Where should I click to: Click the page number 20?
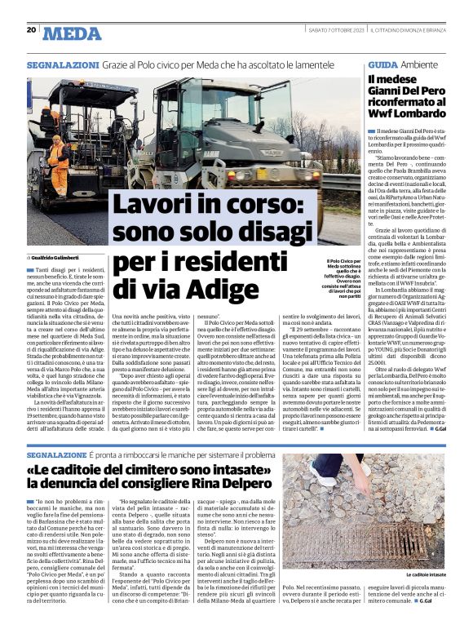click(32, 30)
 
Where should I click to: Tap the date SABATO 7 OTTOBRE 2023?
click(331, 30)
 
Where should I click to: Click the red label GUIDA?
click(382, 63)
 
